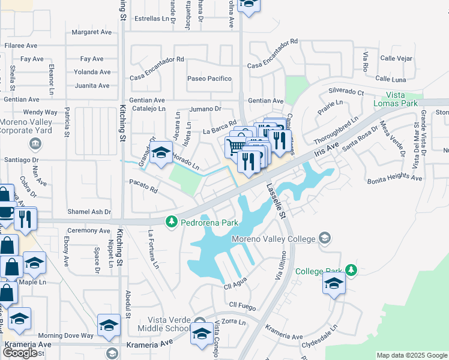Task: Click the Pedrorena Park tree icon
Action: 172,222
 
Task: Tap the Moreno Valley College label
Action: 273,239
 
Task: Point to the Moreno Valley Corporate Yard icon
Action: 35,143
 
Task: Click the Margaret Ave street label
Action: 92,32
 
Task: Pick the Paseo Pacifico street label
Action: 209,79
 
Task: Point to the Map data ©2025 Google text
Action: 412,355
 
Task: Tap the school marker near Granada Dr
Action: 161,153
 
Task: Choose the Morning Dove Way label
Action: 66,335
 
